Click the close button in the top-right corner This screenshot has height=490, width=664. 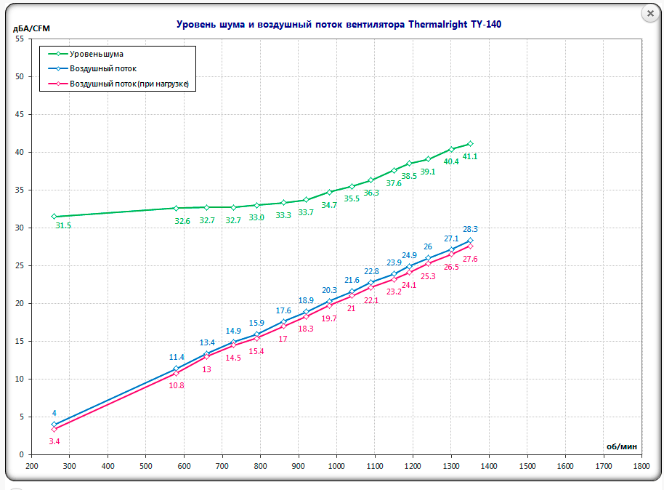(651, 14)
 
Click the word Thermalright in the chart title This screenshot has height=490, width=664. (434, 24)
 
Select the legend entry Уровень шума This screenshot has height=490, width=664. (97, 54)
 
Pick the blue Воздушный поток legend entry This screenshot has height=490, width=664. (103, 68)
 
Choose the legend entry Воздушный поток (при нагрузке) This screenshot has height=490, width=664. (129, 84)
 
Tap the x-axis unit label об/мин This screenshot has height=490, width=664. (623, 446)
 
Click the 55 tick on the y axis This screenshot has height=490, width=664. (20, 39)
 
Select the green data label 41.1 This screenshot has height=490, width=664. (471, 156)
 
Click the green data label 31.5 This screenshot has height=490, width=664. (63, 226)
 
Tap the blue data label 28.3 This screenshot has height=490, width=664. (471, 229)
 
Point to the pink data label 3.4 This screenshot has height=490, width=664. (54, 441)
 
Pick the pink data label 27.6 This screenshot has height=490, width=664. (471, 259)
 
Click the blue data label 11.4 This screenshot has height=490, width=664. (177, 357)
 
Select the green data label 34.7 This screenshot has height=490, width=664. (329, 206)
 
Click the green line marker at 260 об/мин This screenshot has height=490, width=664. (54, 217)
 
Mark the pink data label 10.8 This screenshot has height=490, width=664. (177, 385)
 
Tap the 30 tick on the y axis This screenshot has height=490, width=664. (20, 228)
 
